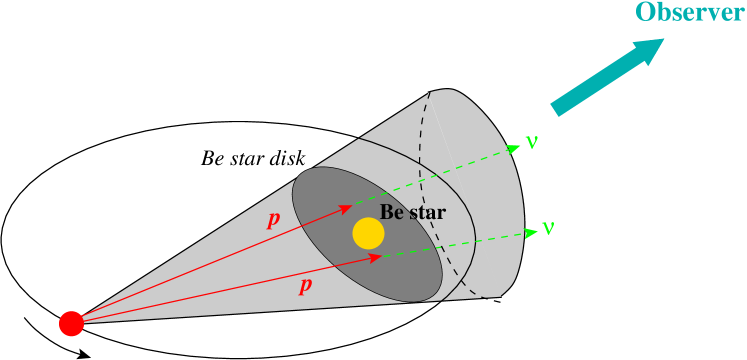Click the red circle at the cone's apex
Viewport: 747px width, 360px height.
pyautogui.click(x=71, y=323)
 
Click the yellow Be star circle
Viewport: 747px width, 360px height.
pyautogui.click(x=368, y=233)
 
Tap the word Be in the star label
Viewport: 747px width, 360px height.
pyautogui.click(x=390, y=213)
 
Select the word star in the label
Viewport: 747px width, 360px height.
pyautogui.click(x=425, y=213)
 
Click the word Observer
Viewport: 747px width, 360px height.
pyautogui.click(x=690, y=13)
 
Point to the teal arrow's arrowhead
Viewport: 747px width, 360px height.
pyautogui.click(x=651, y=50)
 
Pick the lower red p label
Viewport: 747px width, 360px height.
pyautogui.click(x=306, y=286)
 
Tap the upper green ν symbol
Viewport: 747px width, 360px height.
pyautogui.click(x=531, y=142)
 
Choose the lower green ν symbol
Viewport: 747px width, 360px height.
pyautogui.click(x=548, y=228)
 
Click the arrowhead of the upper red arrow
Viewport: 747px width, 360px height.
pyautogui.click(x=346, y=207)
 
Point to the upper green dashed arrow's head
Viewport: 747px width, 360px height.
pyautogui.click(x=515, y=148)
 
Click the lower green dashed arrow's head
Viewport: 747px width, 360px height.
pyautogui.click(x=530, y=233)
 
